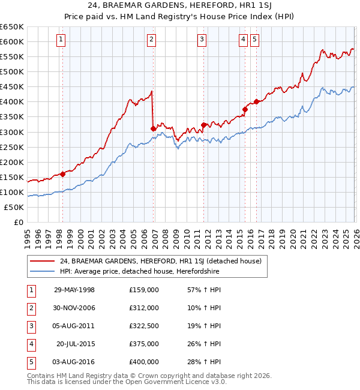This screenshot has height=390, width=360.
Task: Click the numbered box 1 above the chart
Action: tap(62, 40)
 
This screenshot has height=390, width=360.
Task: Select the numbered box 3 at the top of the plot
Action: tap(202, 40)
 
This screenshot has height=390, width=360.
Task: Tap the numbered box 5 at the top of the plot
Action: tap(255, 40)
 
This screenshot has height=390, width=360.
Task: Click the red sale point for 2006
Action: tap(153, 128)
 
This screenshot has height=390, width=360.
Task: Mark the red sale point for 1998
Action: tap(62, 175)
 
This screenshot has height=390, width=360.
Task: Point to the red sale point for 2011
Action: tap(203, 125)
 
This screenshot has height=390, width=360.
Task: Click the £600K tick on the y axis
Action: tap(12, 41)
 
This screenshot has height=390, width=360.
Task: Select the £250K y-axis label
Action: tap(12, 147)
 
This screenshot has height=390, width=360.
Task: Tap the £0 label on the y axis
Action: tap(18, 222)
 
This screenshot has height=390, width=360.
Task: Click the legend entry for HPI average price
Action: tap(139, 272)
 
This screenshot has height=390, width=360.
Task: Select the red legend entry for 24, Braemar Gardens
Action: tap(160, 261)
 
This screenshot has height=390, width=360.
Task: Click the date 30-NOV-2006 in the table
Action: tap(74, 308)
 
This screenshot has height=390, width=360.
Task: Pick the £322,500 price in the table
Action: tap(144, 326)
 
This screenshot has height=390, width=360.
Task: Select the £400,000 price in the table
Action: tap(144, 362)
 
